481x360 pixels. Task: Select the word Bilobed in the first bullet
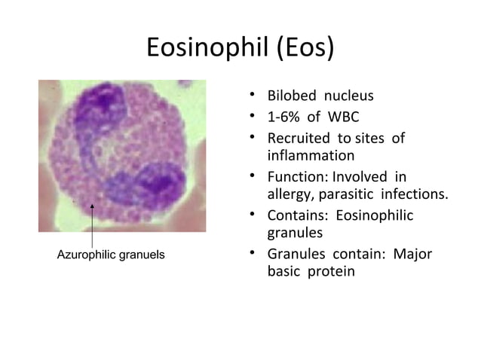click(x=290, y=96)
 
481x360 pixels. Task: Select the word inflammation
click(x=311, y=156)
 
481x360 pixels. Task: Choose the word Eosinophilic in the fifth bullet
click(x=374, y=215)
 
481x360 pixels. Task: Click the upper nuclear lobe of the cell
click(x=101, y=105)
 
